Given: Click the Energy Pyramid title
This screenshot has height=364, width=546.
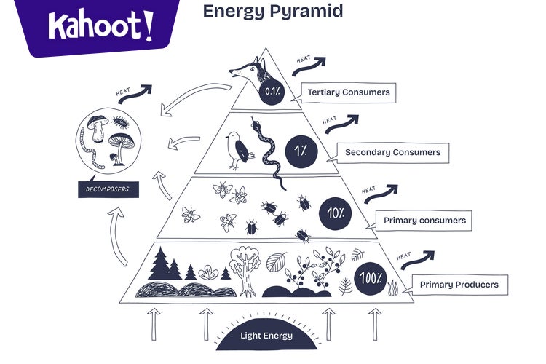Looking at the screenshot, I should click(x=272, y=12).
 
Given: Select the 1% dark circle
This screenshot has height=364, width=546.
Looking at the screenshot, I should click(x=298, y=150).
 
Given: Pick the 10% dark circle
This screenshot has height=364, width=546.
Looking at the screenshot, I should click(x=335, y=213).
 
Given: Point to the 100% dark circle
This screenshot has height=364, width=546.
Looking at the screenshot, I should click(x=371, y=278).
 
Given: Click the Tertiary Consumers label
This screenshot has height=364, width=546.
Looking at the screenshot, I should click(x=348, y=92).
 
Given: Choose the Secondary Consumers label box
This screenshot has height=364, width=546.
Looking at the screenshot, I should click(x=392, y=153).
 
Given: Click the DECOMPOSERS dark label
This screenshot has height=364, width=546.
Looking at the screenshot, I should click(x=108, y=191).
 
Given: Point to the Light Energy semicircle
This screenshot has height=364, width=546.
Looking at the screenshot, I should click(x=266, y=331).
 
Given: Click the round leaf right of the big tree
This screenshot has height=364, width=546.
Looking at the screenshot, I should click(x=277, y=261).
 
